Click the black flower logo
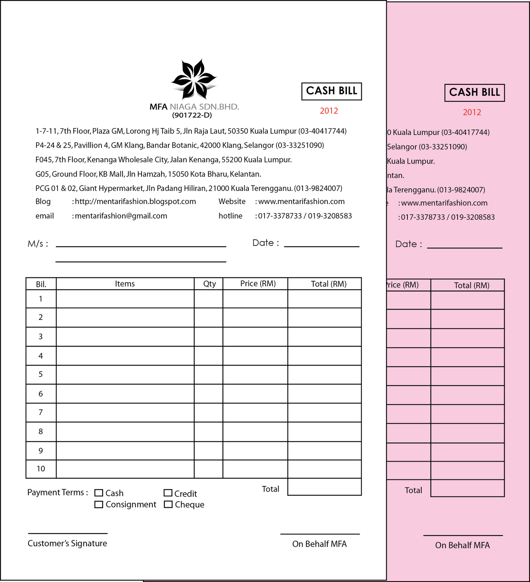pos(194,80)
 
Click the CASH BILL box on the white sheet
pos(331,91)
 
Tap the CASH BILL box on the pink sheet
pos(474,92)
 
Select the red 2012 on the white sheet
pos(329,111)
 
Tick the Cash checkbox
pos(99,493)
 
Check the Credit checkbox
pos(168,493)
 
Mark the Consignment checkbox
pos(99,505)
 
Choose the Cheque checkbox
pos(168,505)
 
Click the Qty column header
pos(209,284)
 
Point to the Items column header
pos(125,284)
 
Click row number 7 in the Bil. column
pos(41,412)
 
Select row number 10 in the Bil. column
pos(41,469)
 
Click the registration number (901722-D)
pos(192,115)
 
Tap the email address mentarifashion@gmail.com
pos(121,216)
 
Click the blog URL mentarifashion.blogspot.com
pos(135,202)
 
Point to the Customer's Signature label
pos(67,543)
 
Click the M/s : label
pos(38,244)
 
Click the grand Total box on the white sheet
pos(324,487)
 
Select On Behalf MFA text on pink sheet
pos(462,545)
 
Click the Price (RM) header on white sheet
pos(258,284)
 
